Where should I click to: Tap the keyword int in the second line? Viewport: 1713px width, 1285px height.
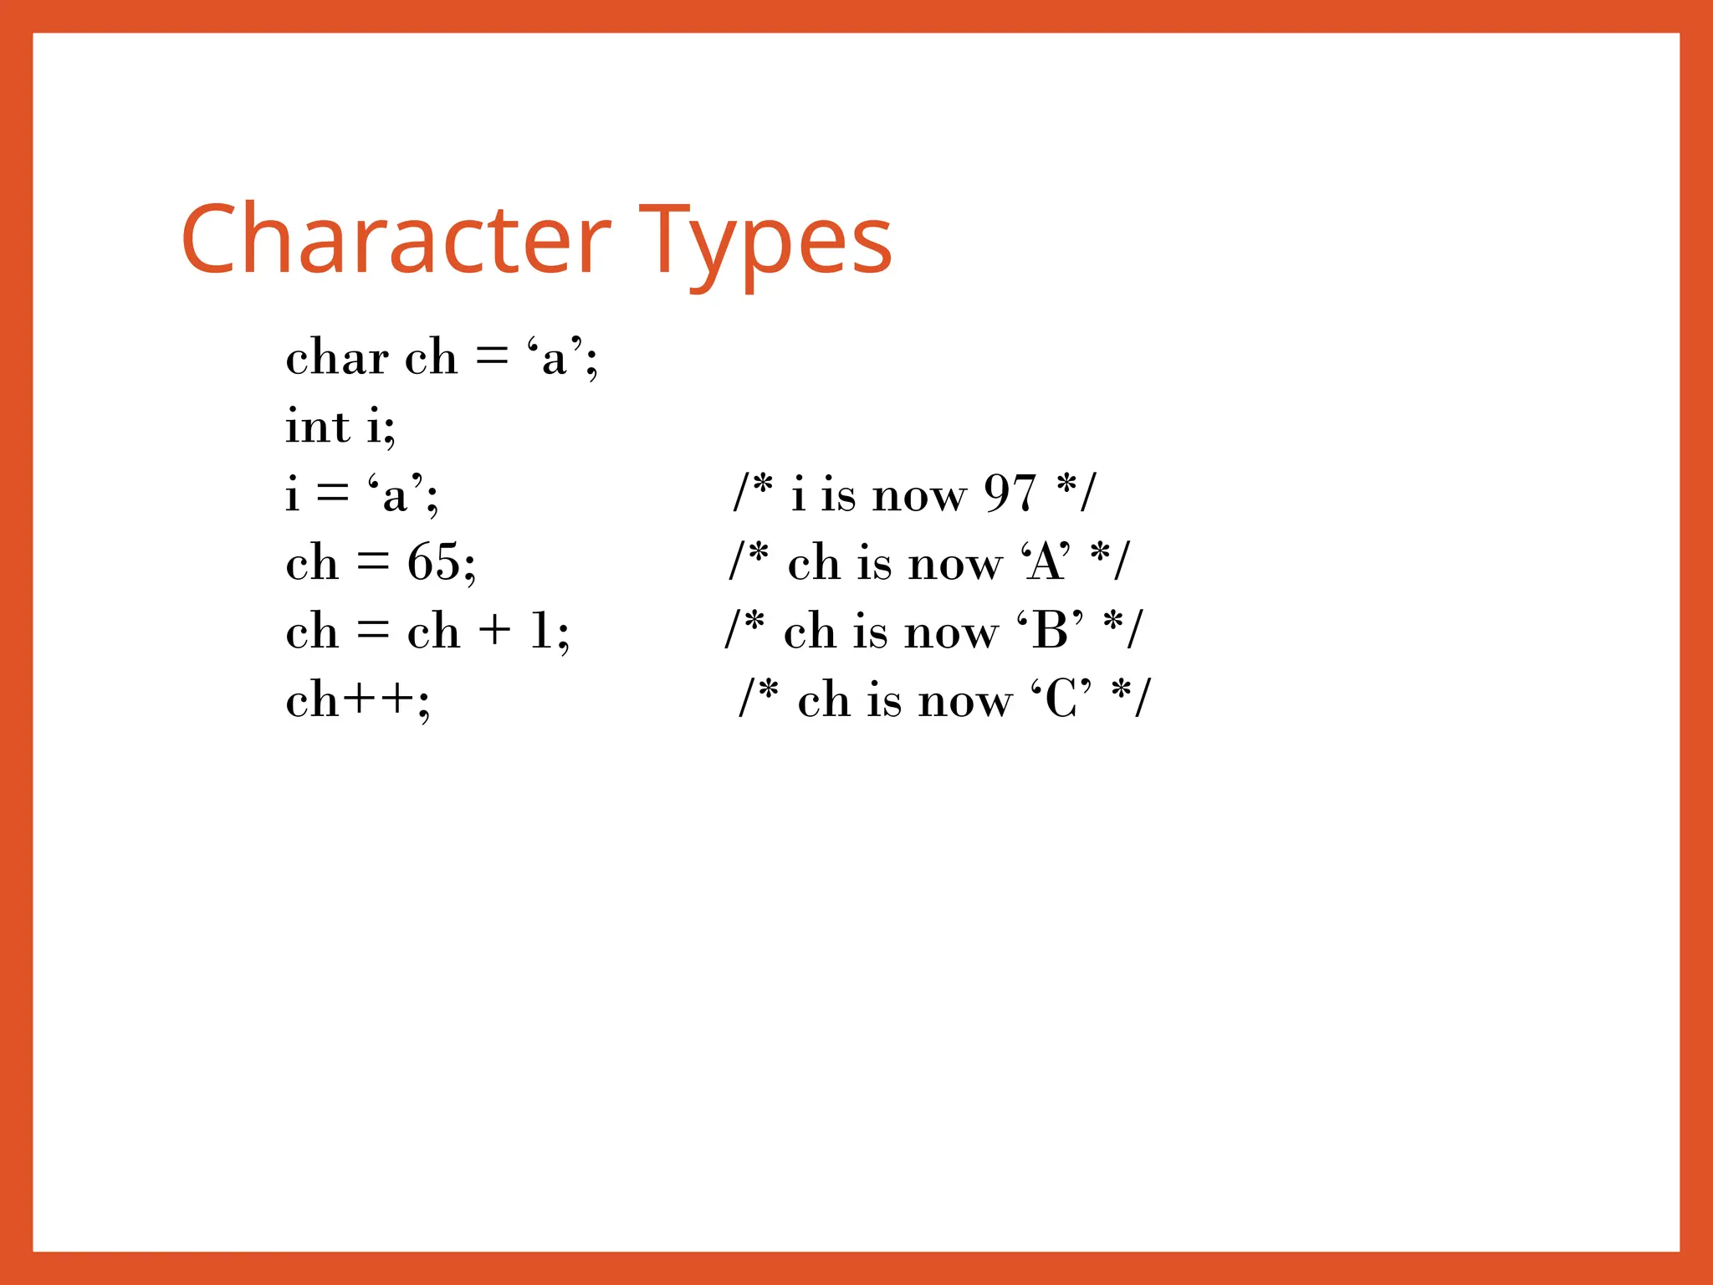point(318,427)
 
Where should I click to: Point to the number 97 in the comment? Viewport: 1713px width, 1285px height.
point(1010,494)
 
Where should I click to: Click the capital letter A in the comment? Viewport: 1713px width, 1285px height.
point(1046,562)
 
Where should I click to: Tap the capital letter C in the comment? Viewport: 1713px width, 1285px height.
point(1061,699)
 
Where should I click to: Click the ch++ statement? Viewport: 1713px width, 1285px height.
point(357,699)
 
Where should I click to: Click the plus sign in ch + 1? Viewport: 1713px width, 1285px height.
point(495,631)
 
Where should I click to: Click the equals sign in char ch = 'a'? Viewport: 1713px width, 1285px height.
point(492,358)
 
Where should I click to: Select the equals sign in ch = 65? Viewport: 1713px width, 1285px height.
point(373,562)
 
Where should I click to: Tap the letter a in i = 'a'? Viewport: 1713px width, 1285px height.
point(394,495)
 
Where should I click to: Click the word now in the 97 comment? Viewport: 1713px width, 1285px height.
point(919,495)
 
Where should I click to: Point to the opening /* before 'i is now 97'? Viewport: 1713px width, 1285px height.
point(753,492)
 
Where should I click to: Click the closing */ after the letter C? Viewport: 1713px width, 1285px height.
point(1131,698)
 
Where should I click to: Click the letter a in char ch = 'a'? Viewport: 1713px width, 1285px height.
point(554,360)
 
